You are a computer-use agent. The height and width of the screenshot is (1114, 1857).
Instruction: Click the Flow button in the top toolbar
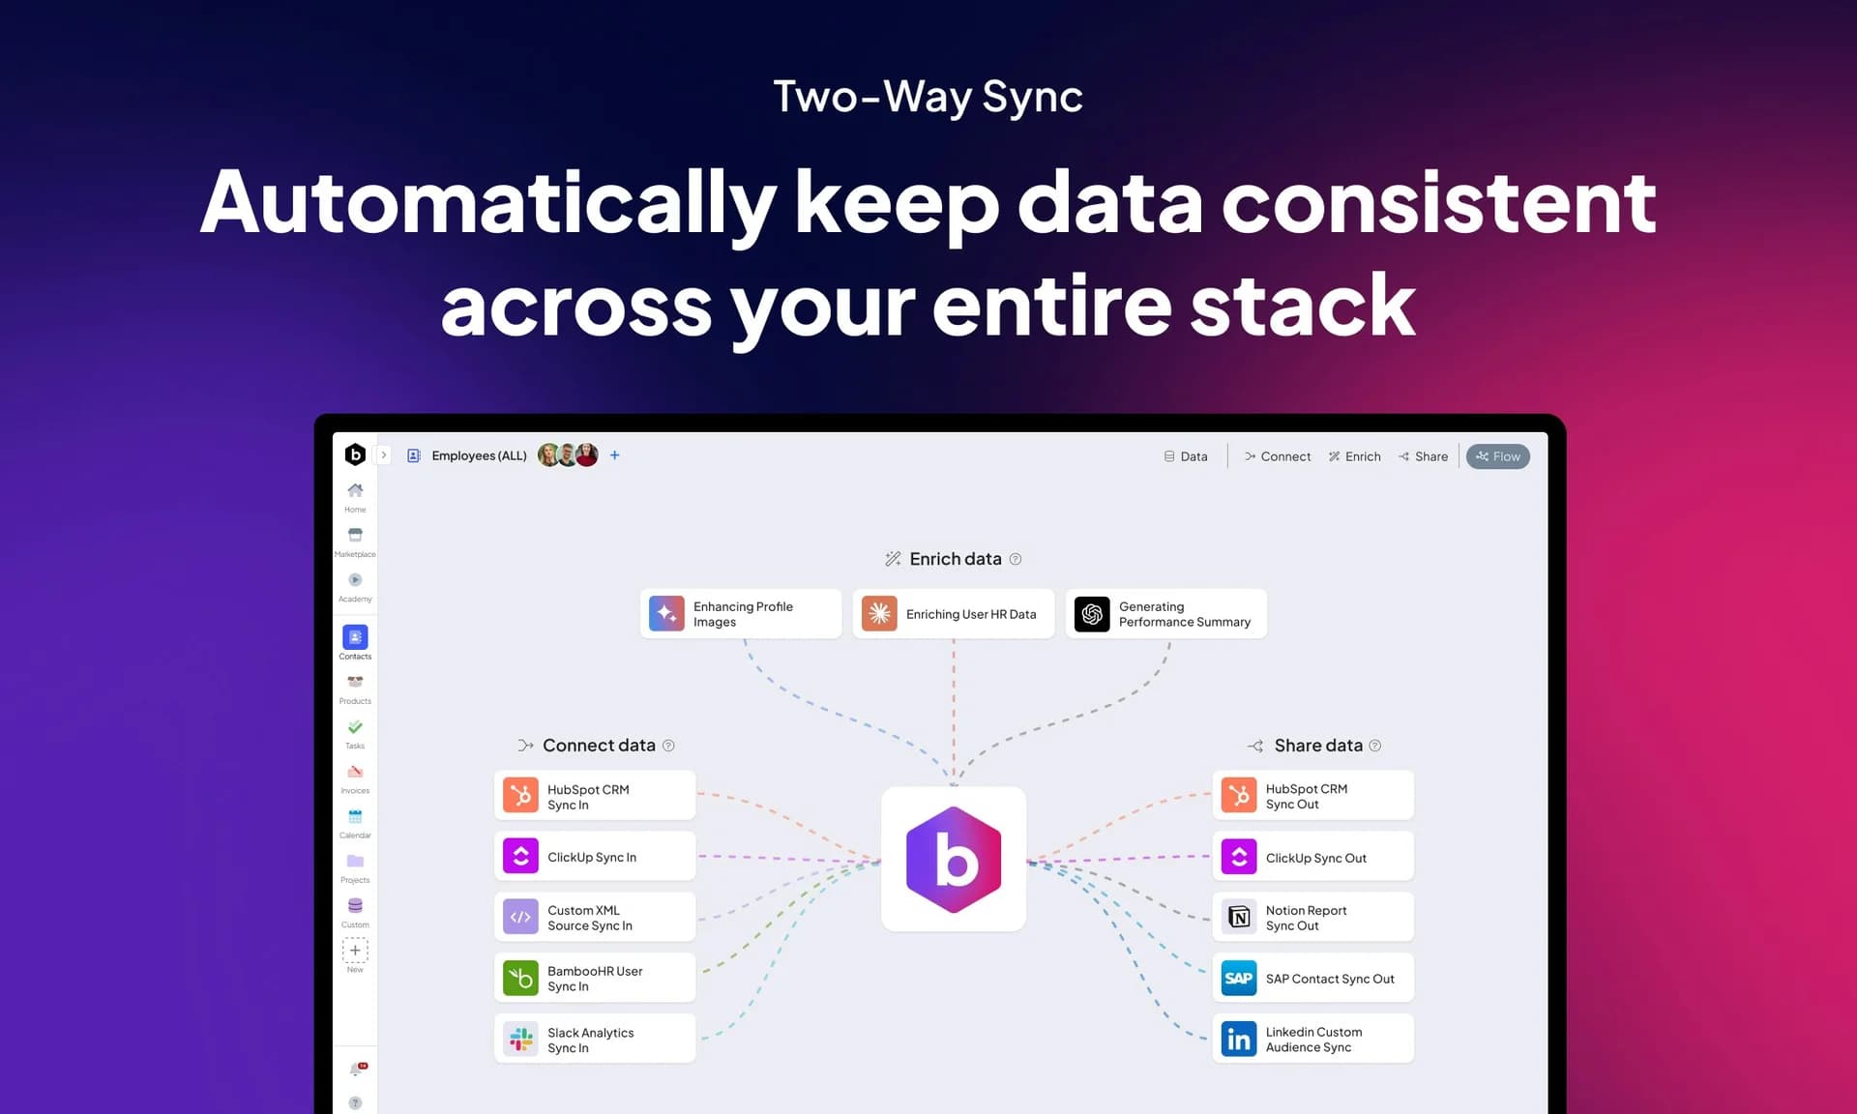click(1497, 456)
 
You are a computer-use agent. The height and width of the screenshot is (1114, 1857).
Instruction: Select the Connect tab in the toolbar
click(1277, 456)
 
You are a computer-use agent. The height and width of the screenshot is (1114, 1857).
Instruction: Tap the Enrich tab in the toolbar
click(1354, 456)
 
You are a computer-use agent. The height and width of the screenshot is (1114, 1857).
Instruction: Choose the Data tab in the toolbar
click(1185, 456)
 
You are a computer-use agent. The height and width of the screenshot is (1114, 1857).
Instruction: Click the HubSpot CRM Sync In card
click(595, 796)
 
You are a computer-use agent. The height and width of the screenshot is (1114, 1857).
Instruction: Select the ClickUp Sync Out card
click(1312, 857)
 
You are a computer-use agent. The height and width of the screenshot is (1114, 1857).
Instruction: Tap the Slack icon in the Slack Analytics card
click(520, 1040)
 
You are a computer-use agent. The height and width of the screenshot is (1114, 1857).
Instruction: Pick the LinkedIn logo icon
click(1238, 1040)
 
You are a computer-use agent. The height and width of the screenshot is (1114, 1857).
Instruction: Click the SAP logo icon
click(1238, 978)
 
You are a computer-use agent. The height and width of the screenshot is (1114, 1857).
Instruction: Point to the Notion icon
click(1238, 917)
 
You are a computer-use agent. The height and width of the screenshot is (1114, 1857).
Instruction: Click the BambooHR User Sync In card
click(595, 978)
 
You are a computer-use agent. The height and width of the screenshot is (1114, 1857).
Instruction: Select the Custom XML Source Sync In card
click(595, 917)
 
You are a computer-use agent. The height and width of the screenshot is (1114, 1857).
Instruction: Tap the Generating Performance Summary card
click(1165, 614)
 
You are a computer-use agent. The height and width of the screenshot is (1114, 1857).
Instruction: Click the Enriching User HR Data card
click(953, 614)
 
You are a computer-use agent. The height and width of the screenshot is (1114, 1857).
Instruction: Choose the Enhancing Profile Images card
click(741, 614)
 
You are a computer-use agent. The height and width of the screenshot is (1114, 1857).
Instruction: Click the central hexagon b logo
click(954, 860)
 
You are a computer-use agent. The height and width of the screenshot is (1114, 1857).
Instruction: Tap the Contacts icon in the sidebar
click(355, 637)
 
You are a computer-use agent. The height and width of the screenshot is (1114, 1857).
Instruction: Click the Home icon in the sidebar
click(355, 490)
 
